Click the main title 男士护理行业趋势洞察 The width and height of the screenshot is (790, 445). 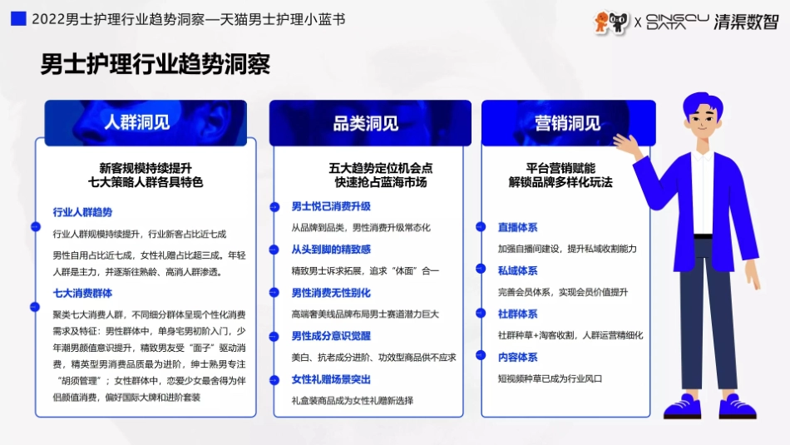pos(155,64)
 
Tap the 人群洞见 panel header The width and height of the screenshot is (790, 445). pos(137,122)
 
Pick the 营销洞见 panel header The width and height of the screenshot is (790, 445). pos(568,123)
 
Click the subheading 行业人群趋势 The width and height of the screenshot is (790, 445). pos(82,212)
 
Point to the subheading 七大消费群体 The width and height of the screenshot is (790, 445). pos(82,294)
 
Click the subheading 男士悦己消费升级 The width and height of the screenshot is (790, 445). pos(330,206)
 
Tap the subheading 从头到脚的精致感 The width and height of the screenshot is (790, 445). pos(330,250)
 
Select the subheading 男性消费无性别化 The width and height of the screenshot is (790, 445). pos(330,293)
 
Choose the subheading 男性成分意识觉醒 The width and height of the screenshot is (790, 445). pos(330,336)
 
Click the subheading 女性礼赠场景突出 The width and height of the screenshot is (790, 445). pos(330,379)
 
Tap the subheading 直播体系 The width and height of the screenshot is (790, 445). pos(518,226)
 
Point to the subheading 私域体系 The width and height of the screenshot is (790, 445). pos(518,270)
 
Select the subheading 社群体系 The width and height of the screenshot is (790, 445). pos(518,314)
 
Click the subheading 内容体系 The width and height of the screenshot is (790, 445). pos(518,357)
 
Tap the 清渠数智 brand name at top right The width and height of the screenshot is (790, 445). pos(746,22)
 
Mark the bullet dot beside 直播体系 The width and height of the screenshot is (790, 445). pos(481,226)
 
